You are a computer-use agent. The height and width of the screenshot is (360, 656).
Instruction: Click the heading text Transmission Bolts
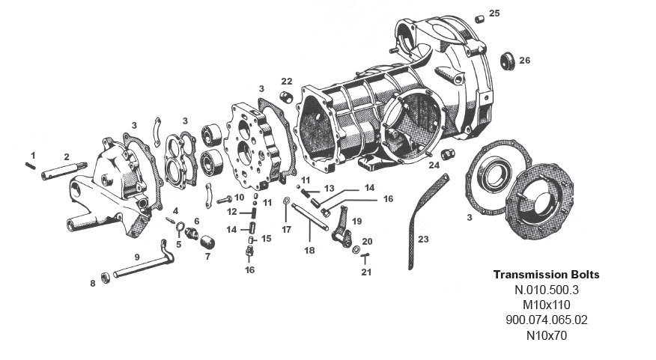pyautogui.click(x=546, y=275)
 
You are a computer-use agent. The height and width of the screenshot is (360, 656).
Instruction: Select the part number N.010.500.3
pyautogui.click(x=546, y=290)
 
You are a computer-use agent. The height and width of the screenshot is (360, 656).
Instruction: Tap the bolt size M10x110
pyautogui.click(x=546, y=305)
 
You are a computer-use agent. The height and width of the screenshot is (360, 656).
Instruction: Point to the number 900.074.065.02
pyautogui.click(x=546, y=320)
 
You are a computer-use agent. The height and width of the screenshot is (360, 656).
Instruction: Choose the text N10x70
pyautogui.click(x=546, y=335)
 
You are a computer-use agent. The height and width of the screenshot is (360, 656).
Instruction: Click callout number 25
pyautogui.click(x=494, y=13)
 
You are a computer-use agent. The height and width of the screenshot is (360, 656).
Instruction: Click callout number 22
pyautogui.click(x=286, y=81)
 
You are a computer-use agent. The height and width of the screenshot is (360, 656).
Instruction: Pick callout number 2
pyautogui.click(x=66, y=156)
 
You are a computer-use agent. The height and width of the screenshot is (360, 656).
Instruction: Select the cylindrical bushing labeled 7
pyautogui.click(x=207, y=242)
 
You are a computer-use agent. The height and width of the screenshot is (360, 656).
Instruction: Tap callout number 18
pyautogui.click(x=309, y=250)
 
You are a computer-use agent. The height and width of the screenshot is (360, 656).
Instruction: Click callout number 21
pyautogui.click(x=365, y=272)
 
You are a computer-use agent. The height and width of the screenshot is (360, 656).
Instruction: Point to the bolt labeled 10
pyautogui.click(x=225, y=200)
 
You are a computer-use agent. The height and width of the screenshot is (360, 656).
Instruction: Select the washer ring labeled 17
pyautogui.click(x=288, y=202)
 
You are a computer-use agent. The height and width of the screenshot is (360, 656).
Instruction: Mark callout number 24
pyautogui.click(x=434, y=166)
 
